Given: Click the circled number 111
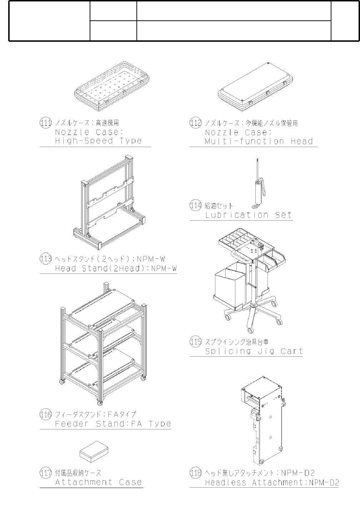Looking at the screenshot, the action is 46,123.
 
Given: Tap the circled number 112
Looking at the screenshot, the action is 196,123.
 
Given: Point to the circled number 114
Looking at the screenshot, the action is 196,206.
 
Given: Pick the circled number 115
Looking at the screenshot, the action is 196,342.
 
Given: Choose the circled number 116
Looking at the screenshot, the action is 46,414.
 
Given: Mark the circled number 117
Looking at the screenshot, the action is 46,473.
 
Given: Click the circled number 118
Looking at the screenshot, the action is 196,473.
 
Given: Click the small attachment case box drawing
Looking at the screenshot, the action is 94,451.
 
